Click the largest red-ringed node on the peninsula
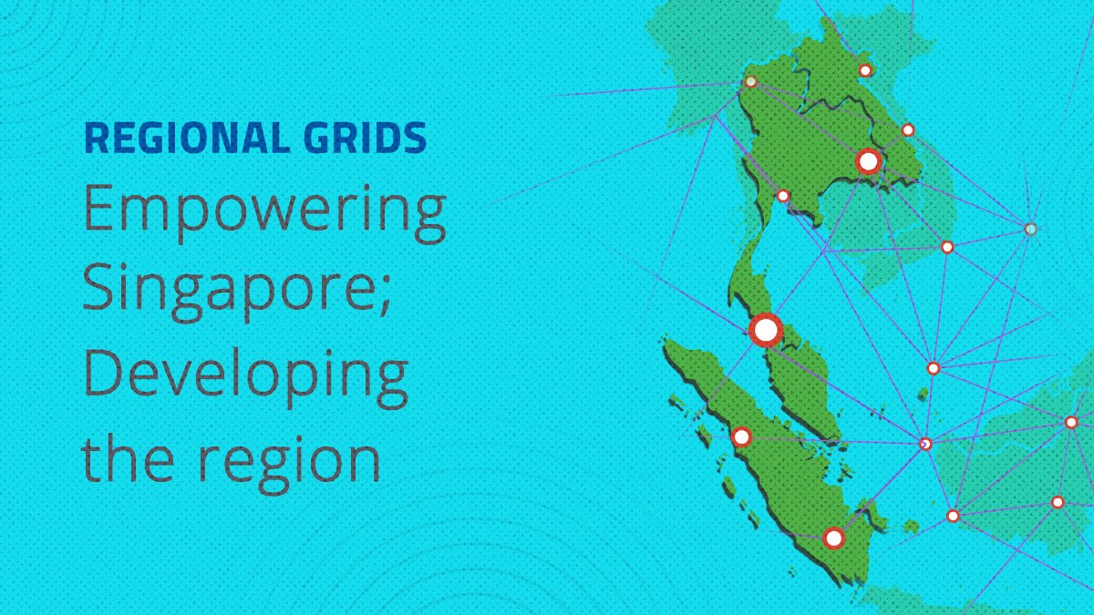(x=765, y=329)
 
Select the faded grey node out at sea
(x=1030, y=229)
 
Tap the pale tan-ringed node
(x=750, y=81)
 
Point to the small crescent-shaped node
(x=925, y=444)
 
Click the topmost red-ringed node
(x=865, y=70)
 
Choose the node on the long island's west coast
(x=741, y=436)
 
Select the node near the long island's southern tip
(x=833, y=538)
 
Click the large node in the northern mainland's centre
(x=868, y=162)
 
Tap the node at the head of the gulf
(x=782, y=196)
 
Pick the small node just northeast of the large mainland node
(x=908, y=130)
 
